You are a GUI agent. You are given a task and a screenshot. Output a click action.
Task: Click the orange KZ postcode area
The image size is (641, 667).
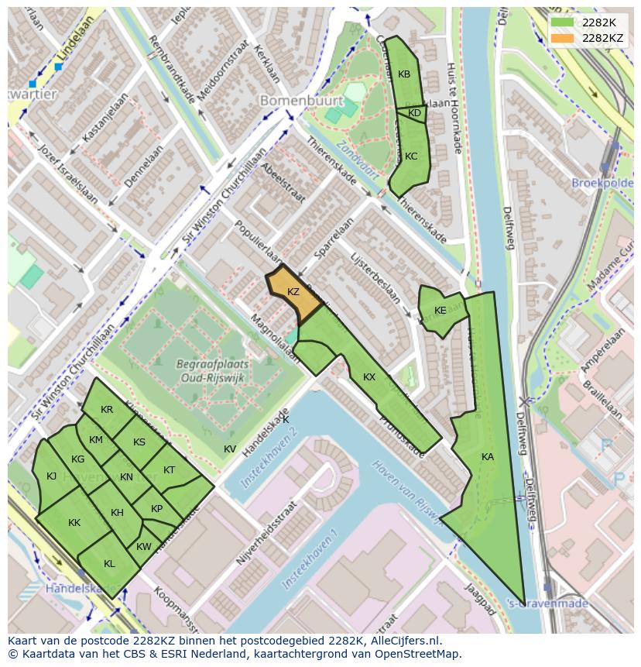(x=293, y=293)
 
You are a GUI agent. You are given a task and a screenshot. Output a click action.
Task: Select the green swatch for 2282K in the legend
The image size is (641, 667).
(x=563, y=22)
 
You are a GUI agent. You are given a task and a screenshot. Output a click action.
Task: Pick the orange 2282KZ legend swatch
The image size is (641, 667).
(x=563, y=38)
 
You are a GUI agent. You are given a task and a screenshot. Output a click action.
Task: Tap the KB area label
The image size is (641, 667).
(x=404, y=75)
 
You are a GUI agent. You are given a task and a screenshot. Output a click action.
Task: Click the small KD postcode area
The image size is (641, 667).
(x=415, y=114)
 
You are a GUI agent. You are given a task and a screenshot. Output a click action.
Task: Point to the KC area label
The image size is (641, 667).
(x=411, y=156)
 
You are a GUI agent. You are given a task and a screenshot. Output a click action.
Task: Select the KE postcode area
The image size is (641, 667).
(x=440, y=311)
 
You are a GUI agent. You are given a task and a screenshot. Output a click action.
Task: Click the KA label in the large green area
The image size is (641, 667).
(x=487, y=457)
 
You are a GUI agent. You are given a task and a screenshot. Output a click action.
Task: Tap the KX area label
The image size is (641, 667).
(x=369, y=377)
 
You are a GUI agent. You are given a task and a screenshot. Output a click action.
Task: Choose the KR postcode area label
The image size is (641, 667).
(x=107, y=410)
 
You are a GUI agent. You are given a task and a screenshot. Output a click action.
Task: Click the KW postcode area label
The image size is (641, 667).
(x=144, y=547)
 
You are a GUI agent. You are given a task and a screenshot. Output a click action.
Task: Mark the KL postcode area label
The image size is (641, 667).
(x=109, y=564)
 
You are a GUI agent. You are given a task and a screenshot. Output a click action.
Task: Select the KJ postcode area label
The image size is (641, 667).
(x=52, y=476)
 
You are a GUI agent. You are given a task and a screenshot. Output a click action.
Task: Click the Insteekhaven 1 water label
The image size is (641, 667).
(x=310, y=559)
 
